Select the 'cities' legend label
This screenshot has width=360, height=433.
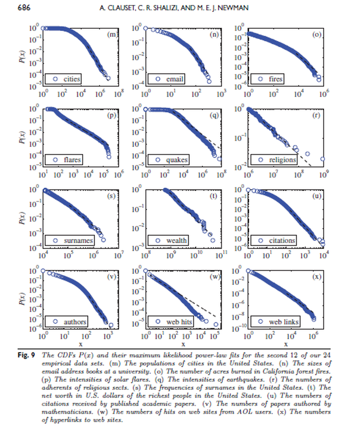(71, 79)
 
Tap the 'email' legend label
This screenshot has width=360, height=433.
(174, 79)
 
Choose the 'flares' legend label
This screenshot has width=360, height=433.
(72, 160)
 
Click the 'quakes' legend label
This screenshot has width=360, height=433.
(177, 160)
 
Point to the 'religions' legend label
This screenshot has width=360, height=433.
(283, 160)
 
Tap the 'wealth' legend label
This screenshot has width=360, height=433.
(176, 240)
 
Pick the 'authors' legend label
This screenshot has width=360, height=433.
(75, 321)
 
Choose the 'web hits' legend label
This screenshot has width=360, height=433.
(180, 321)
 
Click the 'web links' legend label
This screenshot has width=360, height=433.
(284, 321)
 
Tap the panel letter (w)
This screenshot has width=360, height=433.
(214, 277)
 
